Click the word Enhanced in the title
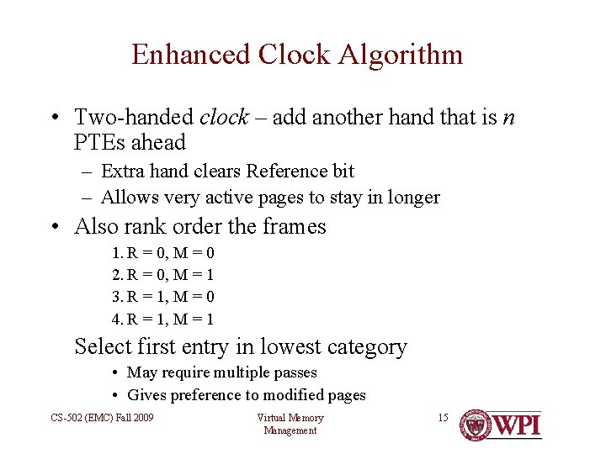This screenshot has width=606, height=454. (191, 55)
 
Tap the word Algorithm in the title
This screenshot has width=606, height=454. (401, 55)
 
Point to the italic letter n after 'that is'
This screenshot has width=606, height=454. (508, 118)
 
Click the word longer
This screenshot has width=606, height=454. (413, 198)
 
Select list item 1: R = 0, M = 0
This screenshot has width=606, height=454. (163, 253)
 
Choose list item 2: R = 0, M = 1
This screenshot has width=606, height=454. (163, 275)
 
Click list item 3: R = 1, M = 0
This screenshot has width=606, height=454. (163, 297)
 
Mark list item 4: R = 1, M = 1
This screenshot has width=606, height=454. (163, 319)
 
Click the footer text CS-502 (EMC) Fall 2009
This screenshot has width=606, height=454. (101, 418)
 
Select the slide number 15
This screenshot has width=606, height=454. (444, 418)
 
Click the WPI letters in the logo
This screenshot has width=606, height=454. (516, 425)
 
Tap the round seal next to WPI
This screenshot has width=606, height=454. (475, 425)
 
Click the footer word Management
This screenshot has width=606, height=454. (290, 430)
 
